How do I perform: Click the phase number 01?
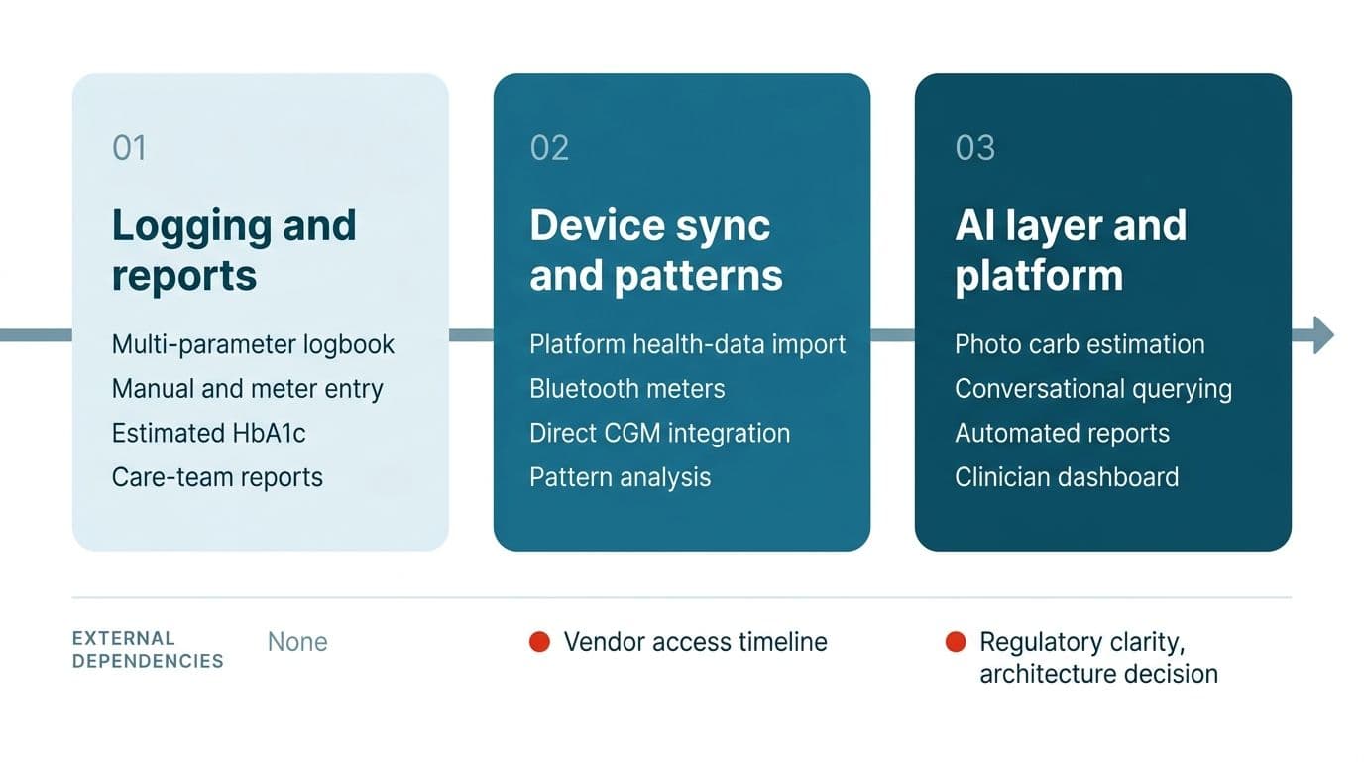(129, 148)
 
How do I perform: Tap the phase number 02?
(549, 148)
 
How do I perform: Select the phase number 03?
(974, 148)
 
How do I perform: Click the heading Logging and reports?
(234, 251)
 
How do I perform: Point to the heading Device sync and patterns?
(656, 251)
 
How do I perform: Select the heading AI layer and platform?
(1071, 251)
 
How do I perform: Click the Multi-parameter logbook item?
(253, 345)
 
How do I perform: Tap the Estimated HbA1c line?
(208, 434)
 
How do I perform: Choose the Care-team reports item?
(217, 477)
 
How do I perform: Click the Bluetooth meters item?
(627, 389)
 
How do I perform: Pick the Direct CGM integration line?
(659, 434)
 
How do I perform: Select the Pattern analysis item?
(620, 477)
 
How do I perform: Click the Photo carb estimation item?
(1080, 345)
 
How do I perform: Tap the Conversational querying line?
(1093, 389)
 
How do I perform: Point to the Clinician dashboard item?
(1067, 477)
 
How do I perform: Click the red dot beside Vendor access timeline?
(539, 642)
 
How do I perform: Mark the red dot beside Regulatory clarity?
(956, 642)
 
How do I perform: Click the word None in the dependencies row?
(297, 642)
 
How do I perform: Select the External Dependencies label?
(148, 650)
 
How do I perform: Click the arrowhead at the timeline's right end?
(1323, 335)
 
